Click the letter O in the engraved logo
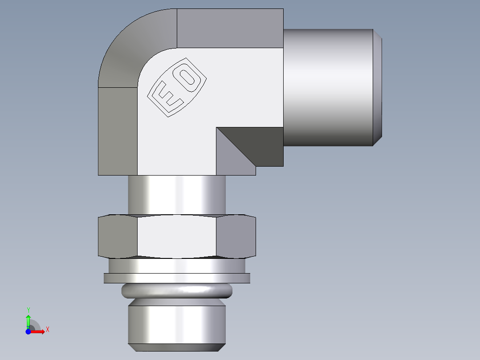tap(189, 77)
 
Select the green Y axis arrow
tap(28, 320)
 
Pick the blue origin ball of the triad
tap(28, 331)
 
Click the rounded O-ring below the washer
tap(177, 291)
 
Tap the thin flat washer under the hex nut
tap(177, 278)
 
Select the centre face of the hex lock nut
tap(177, 237)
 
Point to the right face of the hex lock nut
tap(236, 237)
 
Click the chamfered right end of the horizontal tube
tap(377, 87)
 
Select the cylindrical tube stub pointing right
tap(328, 87)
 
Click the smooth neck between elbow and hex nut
tap(177, 195)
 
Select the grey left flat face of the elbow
tap(118, 131)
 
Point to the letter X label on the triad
tap(47, 330)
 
